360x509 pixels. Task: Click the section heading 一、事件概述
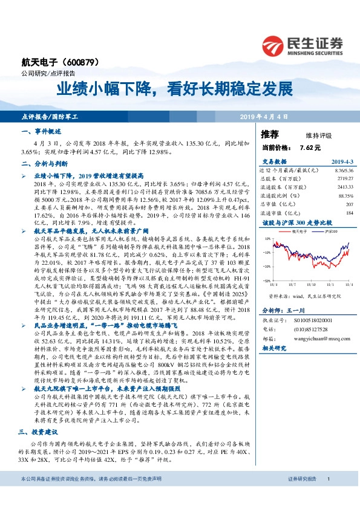point(41,131)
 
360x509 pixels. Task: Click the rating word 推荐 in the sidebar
point(269,134)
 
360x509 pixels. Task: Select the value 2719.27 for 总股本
point(343,179)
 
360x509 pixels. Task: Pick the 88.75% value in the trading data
point(345,196)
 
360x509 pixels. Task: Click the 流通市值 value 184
point(349,213)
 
